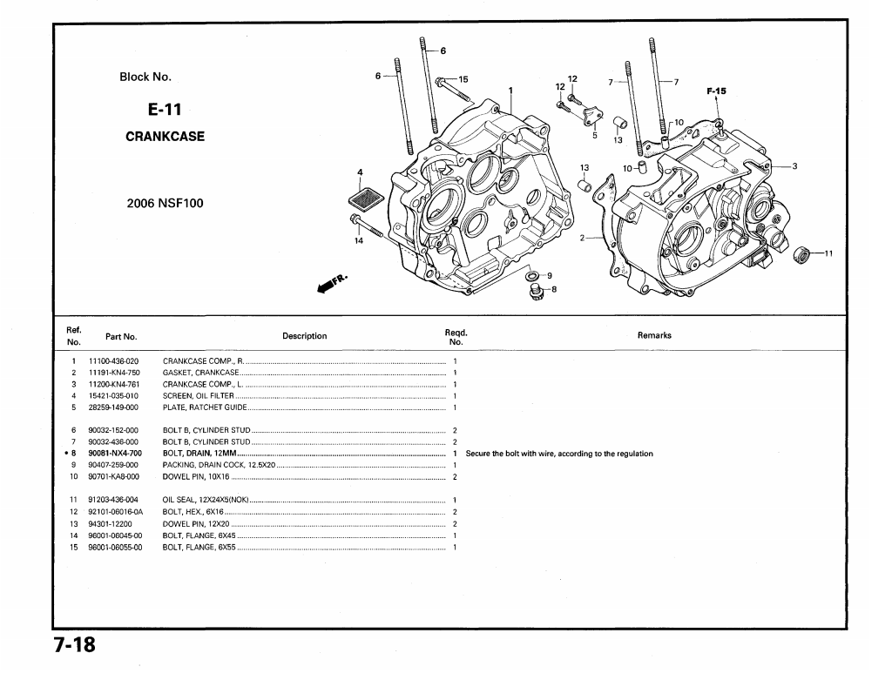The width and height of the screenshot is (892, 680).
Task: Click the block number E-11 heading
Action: point(165,110)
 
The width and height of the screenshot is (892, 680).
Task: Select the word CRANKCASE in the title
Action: point(165,137)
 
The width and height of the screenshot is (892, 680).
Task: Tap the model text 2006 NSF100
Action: point(165,204)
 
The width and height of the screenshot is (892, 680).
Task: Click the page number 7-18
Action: point(73,647)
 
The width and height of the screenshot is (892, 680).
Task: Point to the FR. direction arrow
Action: point(331,283)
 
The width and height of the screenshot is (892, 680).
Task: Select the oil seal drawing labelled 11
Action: point(803,254)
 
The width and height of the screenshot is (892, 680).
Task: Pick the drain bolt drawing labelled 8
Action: point(536,291)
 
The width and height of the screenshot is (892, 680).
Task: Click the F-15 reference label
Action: point(716,91)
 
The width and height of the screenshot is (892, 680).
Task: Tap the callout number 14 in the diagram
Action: point(358,239)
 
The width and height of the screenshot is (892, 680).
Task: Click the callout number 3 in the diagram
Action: point(794,165)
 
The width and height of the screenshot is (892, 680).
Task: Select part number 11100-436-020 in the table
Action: point(113,360)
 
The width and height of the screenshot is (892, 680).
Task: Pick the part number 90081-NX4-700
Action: point(114,454)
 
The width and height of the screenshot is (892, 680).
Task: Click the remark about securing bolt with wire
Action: point(559,454)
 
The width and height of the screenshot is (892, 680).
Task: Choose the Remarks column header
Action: point(654,335)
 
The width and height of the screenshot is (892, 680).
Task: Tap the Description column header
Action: point(304,336)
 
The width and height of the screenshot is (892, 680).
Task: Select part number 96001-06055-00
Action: point(114,547)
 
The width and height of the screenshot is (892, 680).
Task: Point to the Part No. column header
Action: point(121,336)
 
